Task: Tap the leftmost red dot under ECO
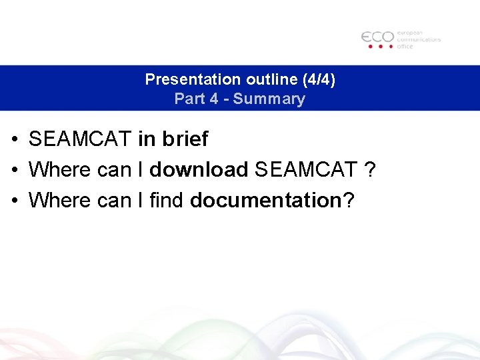pyautogui.click(x=366, y=47)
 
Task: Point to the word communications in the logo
pyautogui.click(x=419, y=39)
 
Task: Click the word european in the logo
pyautogui.click(x=411, y=33)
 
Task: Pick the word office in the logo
pyautogui.click(x=405, y=46)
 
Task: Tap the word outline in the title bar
pyautogui.click(x=264, y=79)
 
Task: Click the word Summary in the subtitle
pyautogui.click(x=273, y=99)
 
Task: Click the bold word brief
pyautogui.click(x=185, y=139)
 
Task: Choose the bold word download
pyautogui.click(x=199, y=169)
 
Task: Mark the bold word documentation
pyautogui.click(x=265, y=199)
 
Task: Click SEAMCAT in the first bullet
pyautogui.click(x=81, y=139)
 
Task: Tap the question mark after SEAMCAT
pyautogui.click(x=371, y=169)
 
